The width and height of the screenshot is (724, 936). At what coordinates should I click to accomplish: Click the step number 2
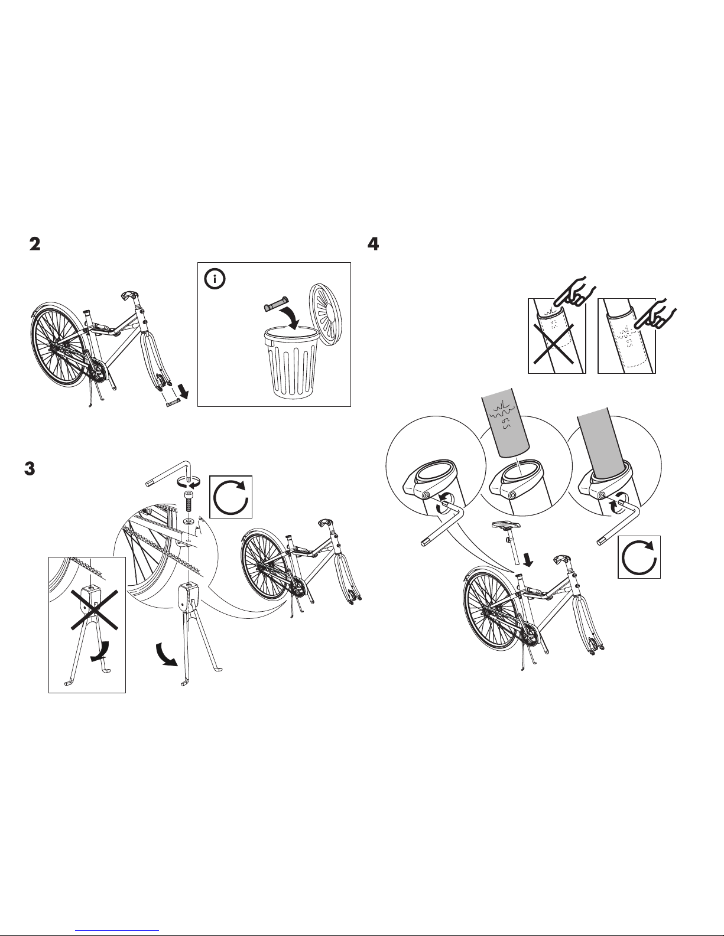35,244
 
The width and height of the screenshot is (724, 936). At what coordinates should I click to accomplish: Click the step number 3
30,468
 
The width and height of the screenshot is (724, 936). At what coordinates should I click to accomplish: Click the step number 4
373,244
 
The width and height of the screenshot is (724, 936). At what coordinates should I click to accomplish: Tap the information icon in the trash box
215,279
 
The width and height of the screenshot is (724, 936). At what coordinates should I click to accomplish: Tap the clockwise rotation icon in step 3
231,497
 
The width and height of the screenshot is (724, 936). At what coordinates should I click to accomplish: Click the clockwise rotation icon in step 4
639,557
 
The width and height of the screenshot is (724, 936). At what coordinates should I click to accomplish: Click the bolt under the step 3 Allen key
189,502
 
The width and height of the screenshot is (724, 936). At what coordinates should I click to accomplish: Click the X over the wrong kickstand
95,611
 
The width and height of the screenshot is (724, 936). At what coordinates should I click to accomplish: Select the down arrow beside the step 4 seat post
527,560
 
